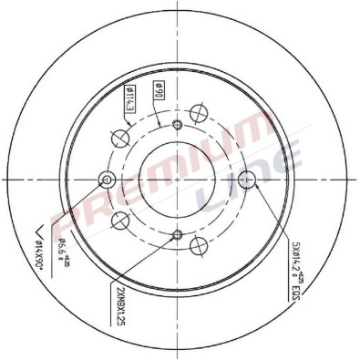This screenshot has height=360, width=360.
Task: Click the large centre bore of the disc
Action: click(178, 179)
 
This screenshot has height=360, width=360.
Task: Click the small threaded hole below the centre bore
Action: click(178, 233)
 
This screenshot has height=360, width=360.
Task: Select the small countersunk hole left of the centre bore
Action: click(108, 180)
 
